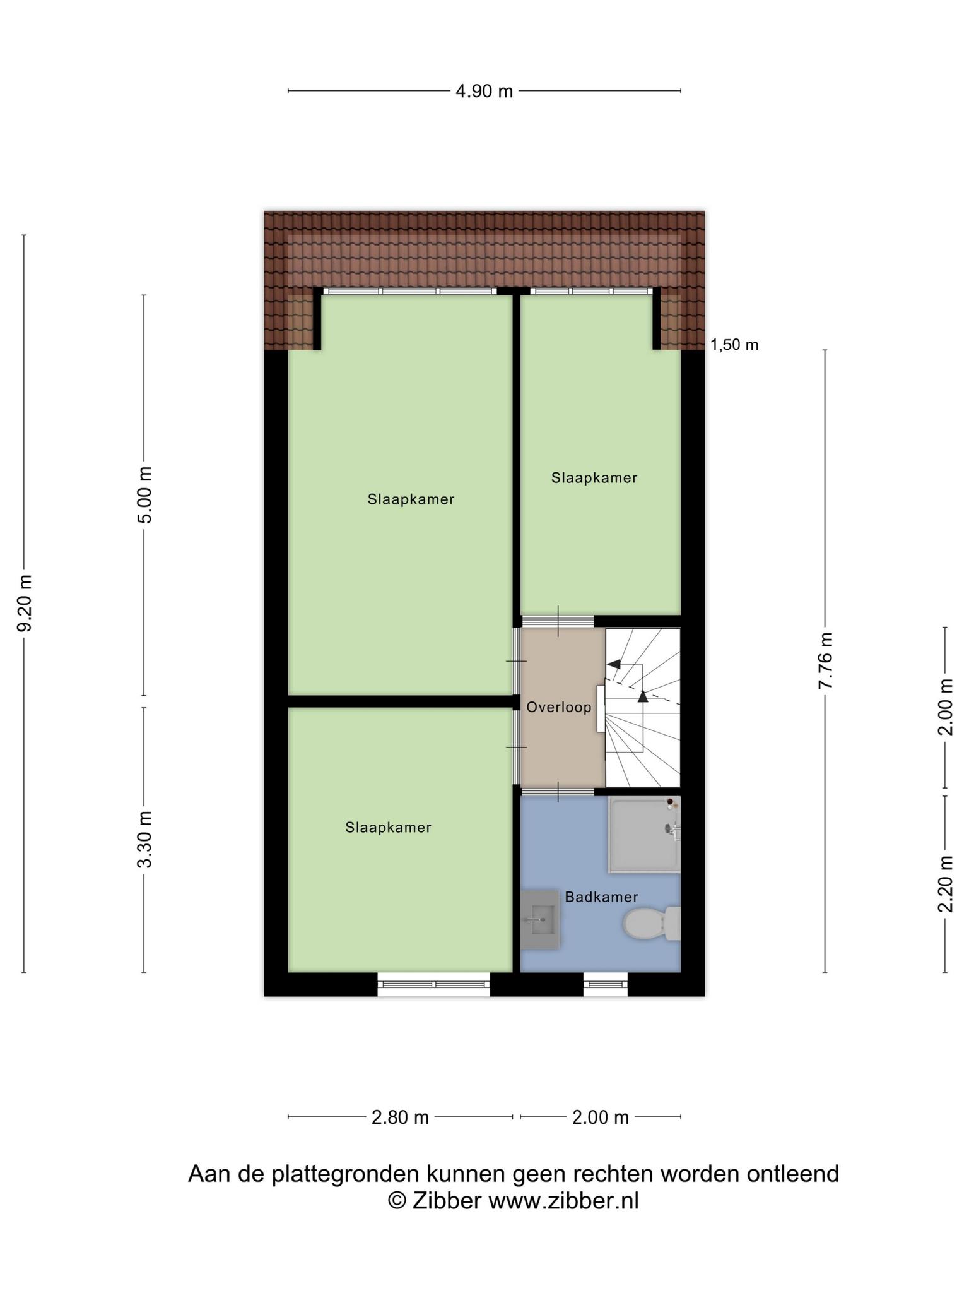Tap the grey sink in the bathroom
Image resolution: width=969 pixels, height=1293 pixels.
tap(541, 919)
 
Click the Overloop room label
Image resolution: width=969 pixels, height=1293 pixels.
tap(559, 707)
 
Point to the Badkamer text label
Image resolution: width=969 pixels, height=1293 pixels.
tap(601, 897)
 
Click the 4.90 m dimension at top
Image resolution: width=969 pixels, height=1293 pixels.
tap(484, 92)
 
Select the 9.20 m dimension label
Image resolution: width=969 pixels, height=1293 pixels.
tap(25, 603)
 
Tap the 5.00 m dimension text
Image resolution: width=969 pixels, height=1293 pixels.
tap(145, 495)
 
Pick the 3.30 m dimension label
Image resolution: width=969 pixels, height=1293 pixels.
tap(145, 840)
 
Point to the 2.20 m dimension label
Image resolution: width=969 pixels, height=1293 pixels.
tap(945, 884)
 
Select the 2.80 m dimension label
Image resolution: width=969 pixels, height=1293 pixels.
tap(400, 1117)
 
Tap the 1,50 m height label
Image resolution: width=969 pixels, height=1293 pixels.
tap(734, 345)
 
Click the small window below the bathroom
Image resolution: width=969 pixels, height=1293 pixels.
tap(606, 984)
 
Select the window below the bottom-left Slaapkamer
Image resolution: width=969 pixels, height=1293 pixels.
tap(433, 984)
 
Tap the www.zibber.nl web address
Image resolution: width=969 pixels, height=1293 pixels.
tap(564, 1201)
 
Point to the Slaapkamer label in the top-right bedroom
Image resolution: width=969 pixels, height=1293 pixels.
tap(594, 478)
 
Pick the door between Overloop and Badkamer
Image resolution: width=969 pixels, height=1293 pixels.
tap(558, 792)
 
